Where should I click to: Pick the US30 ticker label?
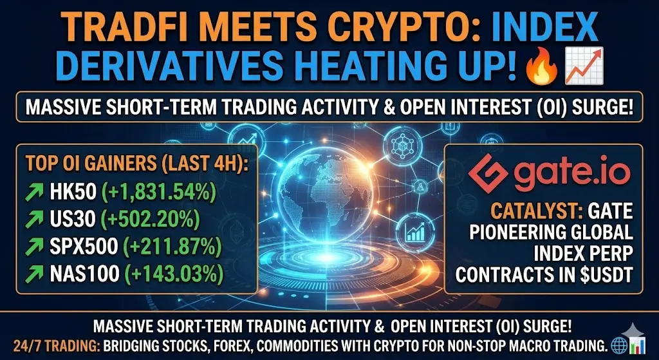coord(70,220)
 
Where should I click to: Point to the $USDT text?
coord(604,276)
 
